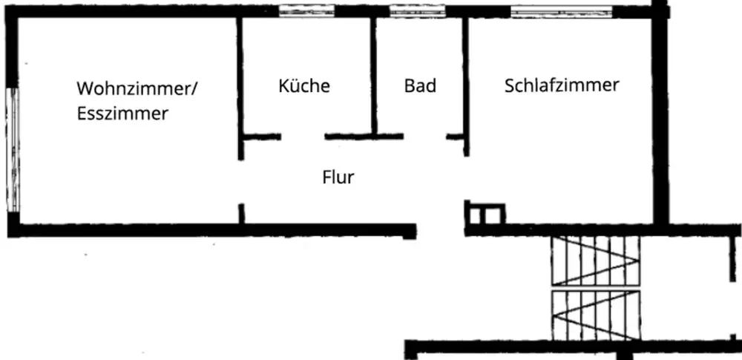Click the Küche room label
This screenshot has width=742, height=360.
tap(304, 85)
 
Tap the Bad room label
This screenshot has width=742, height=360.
tap(420, 86)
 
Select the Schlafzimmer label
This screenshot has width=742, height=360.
tap(562, 85)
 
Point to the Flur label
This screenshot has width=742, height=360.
tap(338, 177)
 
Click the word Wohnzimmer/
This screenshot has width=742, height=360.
tap(137, 88)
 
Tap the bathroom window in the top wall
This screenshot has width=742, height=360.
tap(417, 11)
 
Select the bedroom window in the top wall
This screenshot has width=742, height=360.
tap(562, 11)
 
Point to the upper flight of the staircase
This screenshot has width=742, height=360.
tap(594, 261)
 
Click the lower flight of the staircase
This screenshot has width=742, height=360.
tap(594, 314)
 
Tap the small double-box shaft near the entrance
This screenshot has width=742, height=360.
tap(485, 215)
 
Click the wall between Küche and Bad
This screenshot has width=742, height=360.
tap(375, 74)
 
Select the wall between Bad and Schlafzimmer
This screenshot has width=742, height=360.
tap(466, 74)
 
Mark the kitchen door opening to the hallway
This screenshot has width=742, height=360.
tap(303, 137)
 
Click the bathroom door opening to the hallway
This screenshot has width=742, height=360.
tap(424, 137)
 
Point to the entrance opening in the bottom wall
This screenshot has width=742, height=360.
tap(440, 229)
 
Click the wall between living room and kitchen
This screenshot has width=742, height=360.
tap(240, 74)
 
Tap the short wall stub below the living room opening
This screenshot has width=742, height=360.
tap(240, 214)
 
